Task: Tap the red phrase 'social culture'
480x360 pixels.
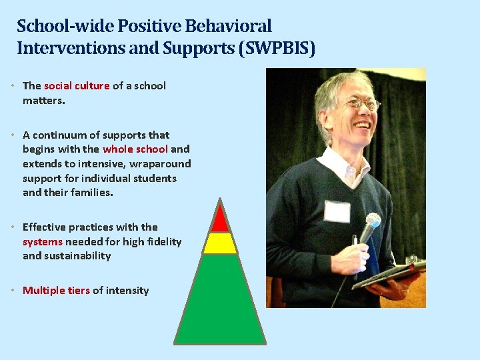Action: tap(77, 85)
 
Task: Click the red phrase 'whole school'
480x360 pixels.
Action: tap(135, 149)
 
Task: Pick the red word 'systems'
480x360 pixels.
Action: tap(43, 241)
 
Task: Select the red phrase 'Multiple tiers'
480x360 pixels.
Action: tap(56, 290)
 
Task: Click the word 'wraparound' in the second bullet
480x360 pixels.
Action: tap(162, 164)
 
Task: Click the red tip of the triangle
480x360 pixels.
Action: tap(220, 219)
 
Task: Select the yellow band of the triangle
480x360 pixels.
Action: tap(220, 243)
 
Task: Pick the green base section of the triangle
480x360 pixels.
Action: tap(220, 300)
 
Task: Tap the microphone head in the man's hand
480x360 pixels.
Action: tap(370, 224)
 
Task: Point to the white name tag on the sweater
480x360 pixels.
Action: tap(337, 211)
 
